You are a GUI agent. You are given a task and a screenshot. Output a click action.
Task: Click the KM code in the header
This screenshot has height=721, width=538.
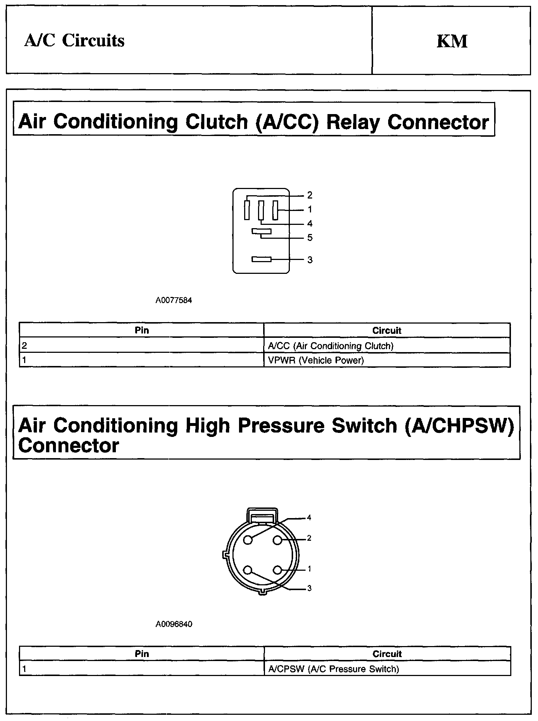pyautogui.click(x=452, y=41)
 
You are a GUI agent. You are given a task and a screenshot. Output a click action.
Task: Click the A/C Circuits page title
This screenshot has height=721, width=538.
pyautogui.click(x=75, y=41)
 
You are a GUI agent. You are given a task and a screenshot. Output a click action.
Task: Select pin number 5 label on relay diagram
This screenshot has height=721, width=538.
pyautogui.click(x=310, y=238)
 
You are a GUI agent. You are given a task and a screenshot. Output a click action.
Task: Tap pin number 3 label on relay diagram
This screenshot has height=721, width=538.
pyautogui.click(x=310, y=260)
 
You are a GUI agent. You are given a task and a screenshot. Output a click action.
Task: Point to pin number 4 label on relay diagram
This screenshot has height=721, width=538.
pyautogui.click(x=310, y=223)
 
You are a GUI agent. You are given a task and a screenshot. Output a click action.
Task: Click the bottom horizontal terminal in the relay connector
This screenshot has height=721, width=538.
pyautogui.click(x=261, y=259)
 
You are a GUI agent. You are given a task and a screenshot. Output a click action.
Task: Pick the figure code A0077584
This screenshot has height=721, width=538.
pyautogui.click(x=174, y=301)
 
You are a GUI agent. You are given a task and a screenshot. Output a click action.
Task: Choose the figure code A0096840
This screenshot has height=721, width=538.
pyautogui.click(x=174, y=624)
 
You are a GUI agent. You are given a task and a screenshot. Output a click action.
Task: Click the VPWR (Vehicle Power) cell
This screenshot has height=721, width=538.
pyautogui.click(x=316, y=360)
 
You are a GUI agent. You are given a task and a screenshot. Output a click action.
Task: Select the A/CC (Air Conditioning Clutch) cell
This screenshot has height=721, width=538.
pyautogui.click(x=330, y=346)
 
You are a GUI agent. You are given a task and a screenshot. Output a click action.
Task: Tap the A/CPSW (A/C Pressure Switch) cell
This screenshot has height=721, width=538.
pyautogui.click(x=333, y=669)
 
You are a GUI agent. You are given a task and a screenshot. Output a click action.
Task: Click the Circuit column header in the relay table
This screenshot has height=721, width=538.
pyautogui.click(x=387, y=331)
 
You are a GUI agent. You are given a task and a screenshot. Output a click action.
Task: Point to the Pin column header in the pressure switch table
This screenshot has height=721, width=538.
pyautogui.click(x=142, y=654)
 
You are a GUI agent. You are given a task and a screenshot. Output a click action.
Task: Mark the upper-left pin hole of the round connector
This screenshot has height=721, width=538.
pyautogui.click(x=248, y=540)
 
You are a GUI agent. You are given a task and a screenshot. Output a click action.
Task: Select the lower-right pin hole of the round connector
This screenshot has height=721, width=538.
pyautogui.click(x=277, y=570)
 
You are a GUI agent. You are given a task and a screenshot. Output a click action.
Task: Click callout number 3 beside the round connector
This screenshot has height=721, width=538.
pyautogui.click(x=309, y=588)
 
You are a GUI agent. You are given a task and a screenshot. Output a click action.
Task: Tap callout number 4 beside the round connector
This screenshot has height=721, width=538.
pyautogui.click(x=309, y=517)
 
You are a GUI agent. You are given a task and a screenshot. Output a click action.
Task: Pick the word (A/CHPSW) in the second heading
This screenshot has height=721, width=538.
pyautogui.click(x=459, y=426)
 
